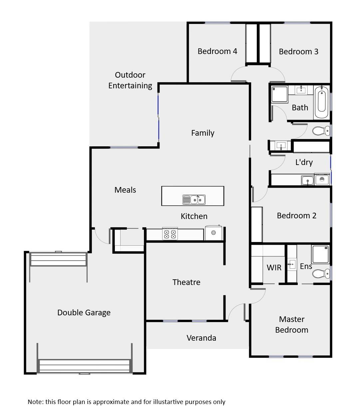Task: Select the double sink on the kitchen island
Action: tap(194, 200)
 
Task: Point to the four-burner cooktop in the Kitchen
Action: tap(169, 234)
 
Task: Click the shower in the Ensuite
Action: tap(320, 255)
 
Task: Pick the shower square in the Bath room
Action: tap(279, 94)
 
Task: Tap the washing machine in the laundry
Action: tap(322, 180)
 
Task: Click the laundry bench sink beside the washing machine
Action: tap(307, 180)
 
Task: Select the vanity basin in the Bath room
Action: tap(301, 90)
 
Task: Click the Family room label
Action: tap(202, 133)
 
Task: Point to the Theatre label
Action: tap(186, 282)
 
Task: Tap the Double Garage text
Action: tap(84, 313)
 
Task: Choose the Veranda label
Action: tap(201, 338)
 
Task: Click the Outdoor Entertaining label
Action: tap(130, 80)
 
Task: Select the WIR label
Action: tap(274, 268)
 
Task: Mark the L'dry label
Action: tap(304, 162)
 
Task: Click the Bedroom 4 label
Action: tap(217, 51)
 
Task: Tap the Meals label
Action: tap(125, 190)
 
